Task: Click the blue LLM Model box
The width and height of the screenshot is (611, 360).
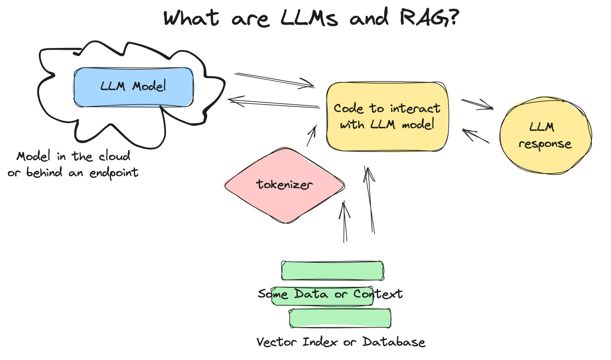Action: click(133, 87)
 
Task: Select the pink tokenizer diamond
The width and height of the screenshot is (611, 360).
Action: click(284, 185)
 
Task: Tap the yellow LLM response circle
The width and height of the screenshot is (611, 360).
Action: click(545, 136)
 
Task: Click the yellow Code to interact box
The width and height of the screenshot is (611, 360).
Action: click(387, 117)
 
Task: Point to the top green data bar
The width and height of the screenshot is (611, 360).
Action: click(333, 270)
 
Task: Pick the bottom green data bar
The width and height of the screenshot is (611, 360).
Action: click(340, 318)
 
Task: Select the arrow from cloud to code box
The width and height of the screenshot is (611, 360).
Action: click(275, 80)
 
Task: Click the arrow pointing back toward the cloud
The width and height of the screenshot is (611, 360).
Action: click(274, 103)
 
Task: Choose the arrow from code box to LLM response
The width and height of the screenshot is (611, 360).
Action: click(477, 104)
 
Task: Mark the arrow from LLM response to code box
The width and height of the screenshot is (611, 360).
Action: click(476, 136)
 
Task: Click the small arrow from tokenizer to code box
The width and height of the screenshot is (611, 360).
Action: click(311, 135)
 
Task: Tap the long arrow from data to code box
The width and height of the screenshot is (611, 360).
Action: click(370, 200)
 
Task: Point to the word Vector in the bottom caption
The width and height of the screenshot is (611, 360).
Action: click(277, 342)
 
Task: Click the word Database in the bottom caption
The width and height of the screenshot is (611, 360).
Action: click(393, 342)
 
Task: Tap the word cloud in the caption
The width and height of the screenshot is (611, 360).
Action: click(114, 157)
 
